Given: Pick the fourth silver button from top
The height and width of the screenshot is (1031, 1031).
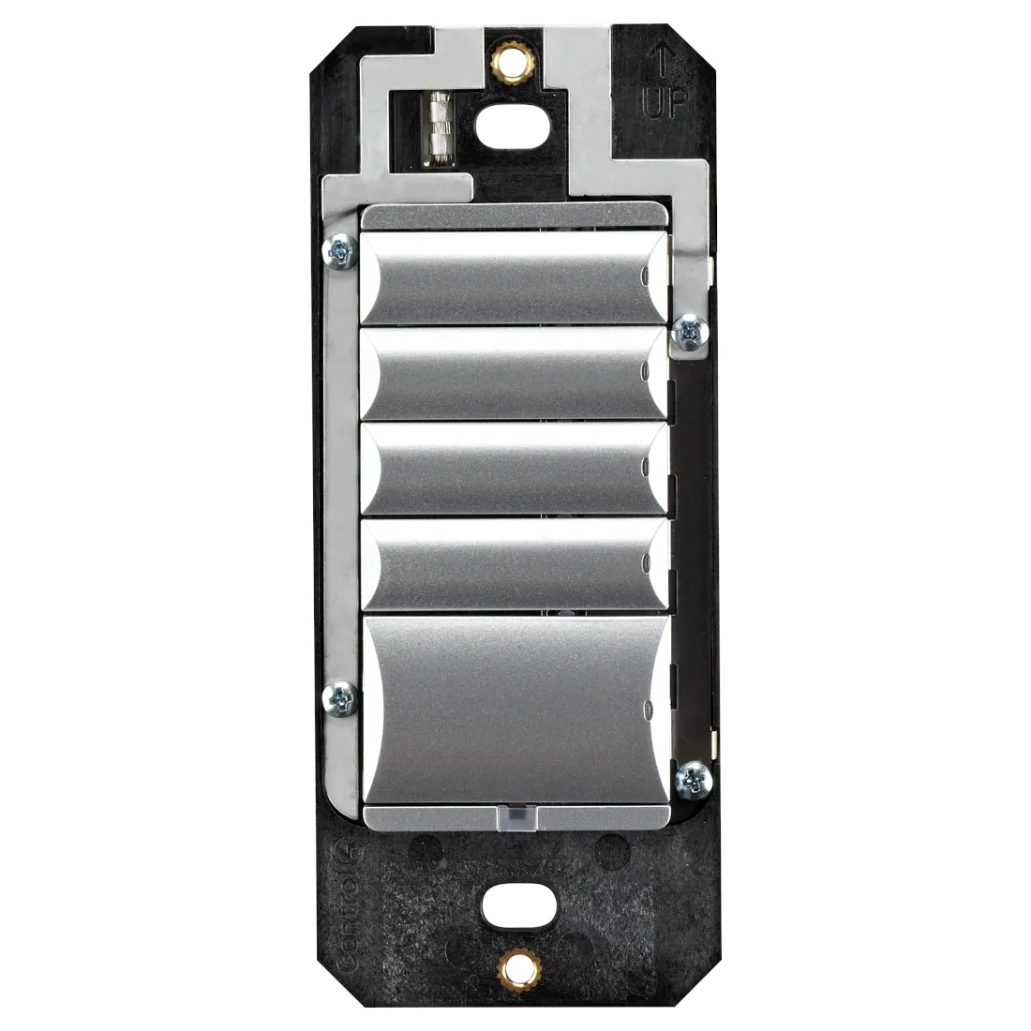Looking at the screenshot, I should click(515, 563).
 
